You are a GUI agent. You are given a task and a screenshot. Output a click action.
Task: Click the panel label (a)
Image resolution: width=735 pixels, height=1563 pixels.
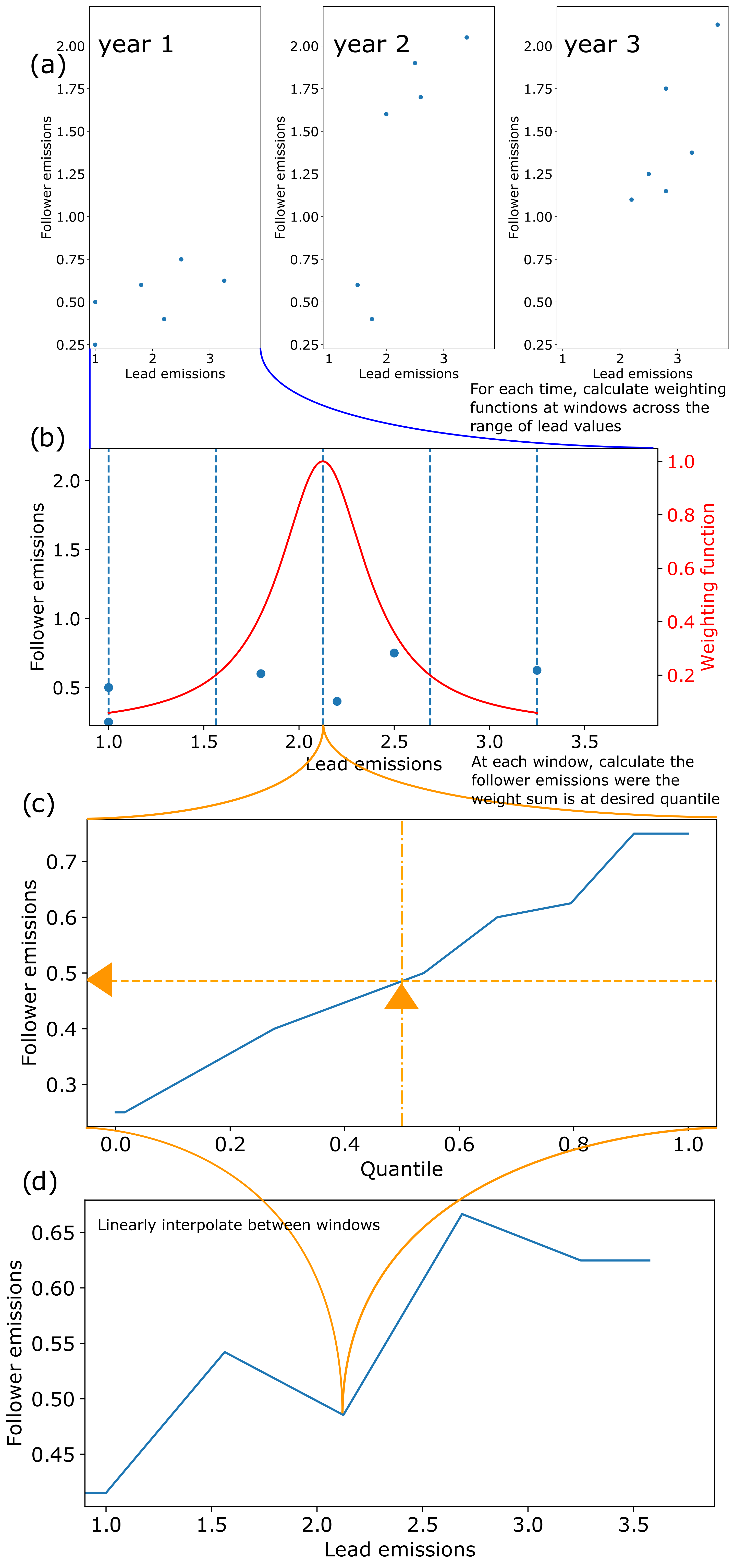(x=47, y=64)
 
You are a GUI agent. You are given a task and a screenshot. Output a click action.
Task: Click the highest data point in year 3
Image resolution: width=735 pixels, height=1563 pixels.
(x=717, y=25)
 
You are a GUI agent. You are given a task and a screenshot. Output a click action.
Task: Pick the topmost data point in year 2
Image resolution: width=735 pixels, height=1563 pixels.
(x=466, y=38)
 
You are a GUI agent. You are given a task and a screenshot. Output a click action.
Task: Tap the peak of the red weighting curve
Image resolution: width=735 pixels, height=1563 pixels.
(x=322, y=462)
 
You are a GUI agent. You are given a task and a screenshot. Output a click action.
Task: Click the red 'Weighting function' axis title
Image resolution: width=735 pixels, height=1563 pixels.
(x=708, y=587)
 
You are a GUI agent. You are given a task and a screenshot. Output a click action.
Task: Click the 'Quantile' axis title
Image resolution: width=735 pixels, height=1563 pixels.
(x=401, y=1169)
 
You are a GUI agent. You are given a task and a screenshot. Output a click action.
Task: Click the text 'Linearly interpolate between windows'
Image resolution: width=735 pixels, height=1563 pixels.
(x=239, y=1225)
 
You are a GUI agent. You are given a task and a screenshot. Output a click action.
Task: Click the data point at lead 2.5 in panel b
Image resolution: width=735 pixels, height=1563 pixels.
(x=394, y=653)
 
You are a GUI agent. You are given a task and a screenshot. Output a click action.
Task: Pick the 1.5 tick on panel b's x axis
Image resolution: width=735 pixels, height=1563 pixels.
(x=204, y=741)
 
